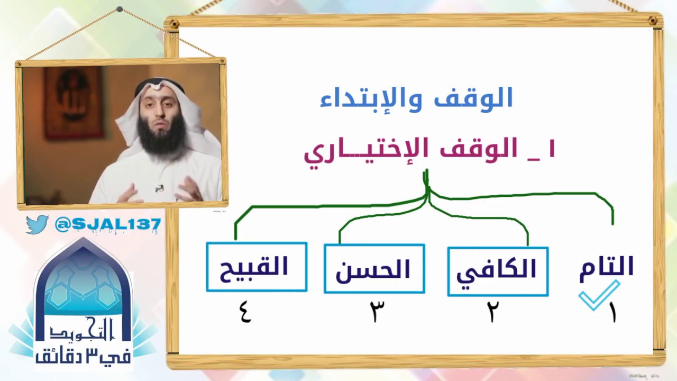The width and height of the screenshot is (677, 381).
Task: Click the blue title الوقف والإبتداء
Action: (416, 99)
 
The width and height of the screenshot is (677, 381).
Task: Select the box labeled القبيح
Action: (257, 267)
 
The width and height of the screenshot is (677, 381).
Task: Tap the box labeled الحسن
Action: (374, 269)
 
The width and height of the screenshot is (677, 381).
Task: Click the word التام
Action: (606, 268)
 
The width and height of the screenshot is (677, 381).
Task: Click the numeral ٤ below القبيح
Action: (245, 311)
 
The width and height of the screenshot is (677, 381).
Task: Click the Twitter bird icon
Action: (37, 224)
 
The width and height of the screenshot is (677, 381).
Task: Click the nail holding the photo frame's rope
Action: (120, 9)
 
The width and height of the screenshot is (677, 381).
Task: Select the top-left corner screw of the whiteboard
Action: (172, 23)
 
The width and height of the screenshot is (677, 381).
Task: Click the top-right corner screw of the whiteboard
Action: (653, 21)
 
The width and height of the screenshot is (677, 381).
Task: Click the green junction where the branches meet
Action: (427, 193)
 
